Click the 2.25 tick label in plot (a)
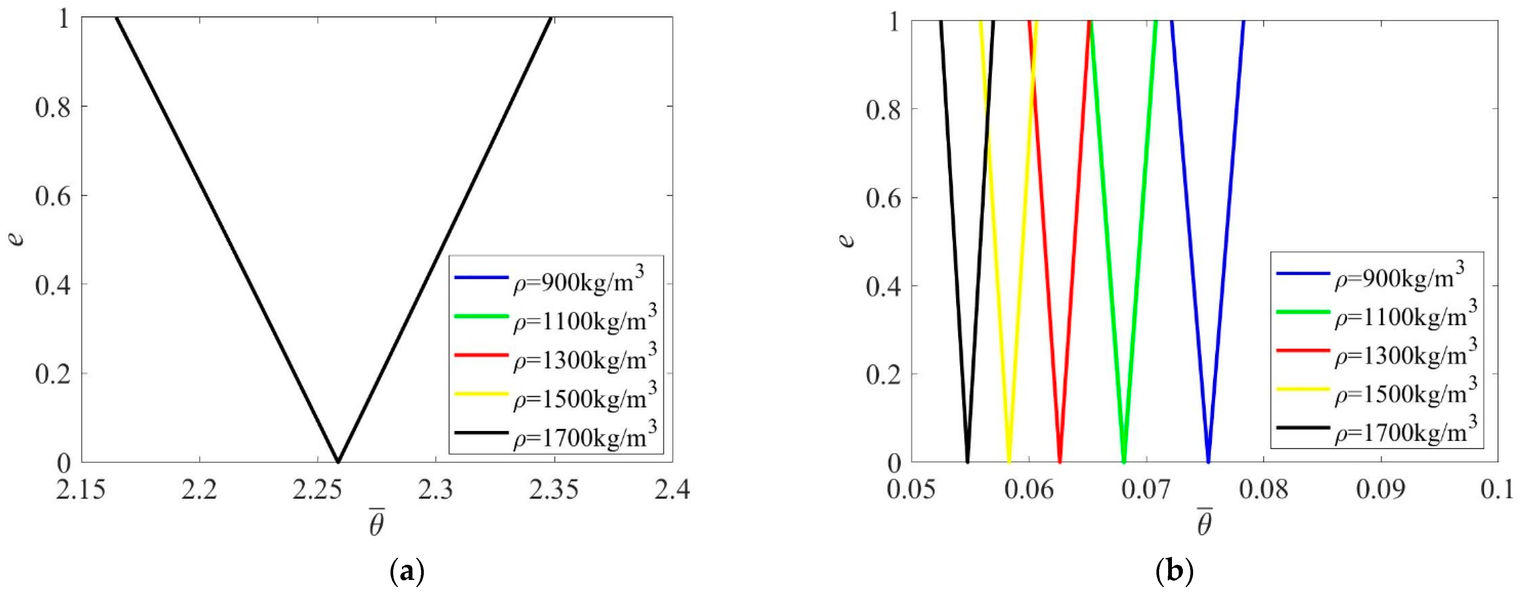[x=317, y=490]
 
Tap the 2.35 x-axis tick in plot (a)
[x=553, y=490]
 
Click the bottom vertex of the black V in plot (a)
[x=337, y=461]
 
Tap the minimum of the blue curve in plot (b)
[x=1208, y=461]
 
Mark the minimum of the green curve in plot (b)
[x=1124, y=461]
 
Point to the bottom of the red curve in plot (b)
[x=1060, y=461]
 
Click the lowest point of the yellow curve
[x=1009, y=461]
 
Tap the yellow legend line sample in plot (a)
[x=481, y=394]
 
